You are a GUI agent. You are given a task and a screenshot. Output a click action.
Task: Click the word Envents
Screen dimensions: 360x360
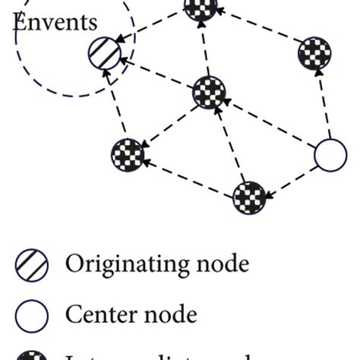click(55, 21)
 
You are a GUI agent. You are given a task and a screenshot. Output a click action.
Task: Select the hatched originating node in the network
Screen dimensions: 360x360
click(105, 55)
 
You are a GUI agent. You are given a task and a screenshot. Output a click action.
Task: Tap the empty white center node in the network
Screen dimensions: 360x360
click(330, 156)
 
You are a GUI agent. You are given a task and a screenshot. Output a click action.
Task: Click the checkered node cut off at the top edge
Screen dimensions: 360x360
click(201, 8)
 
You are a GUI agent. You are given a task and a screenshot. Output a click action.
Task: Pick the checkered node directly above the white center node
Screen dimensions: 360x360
click(314, 53)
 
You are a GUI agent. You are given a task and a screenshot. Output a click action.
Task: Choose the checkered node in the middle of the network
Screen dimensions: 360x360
click(210, 93)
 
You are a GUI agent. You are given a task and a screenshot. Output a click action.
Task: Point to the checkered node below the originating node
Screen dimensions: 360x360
click(128, 154)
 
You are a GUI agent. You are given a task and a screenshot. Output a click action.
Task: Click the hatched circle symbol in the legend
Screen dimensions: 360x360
click(32, 265)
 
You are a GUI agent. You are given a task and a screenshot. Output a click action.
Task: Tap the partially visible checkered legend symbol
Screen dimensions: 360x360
click(32, 355)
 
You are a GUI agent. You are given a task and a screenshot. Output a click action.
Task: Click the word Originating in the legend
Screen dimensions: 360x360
click(122, 264)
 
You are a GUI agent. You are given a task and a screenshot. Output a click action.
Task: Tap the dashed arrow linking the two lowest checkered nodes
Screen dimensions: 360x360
click(188, 176)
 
